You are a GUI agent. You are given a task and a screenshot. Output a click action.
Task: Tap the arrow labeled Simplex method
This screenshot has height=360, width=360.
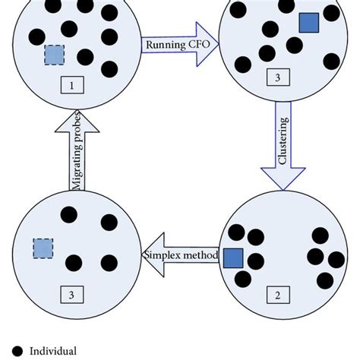pyautogui.click(x=180, y=256)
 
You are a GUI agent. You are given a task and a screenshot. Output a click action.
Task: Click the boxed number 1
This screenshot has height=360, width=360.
pyautogui.click(x=72, y=86)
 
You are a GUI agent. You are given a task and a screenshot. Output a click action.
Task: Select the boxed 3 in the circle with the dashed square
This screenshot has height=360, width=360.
pyautogui.click(x=72, y=294)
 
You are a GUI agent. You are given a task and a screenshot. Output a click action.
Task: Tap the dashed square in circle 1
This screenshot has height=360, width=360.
pyautogui.click(x=54, y=55)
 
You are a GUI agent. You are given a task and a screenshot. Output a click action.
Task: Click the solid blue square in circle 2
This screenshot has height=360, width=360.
pyautogui.click(x=232, y=258)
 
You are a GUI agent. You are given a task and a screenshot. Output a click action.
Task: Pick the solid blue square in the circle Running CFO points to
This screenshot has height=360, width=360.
pyautogui.click(x=308, y=24)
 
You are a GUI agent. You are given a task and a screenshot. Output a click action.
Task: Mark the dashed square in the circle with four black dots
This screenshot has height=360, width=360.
pyautogui.click(x=43, y=248)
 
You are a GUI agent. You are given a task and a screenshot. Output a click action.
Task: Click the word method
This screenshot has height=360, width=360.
pyautogui.click(x=201, y=256)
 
